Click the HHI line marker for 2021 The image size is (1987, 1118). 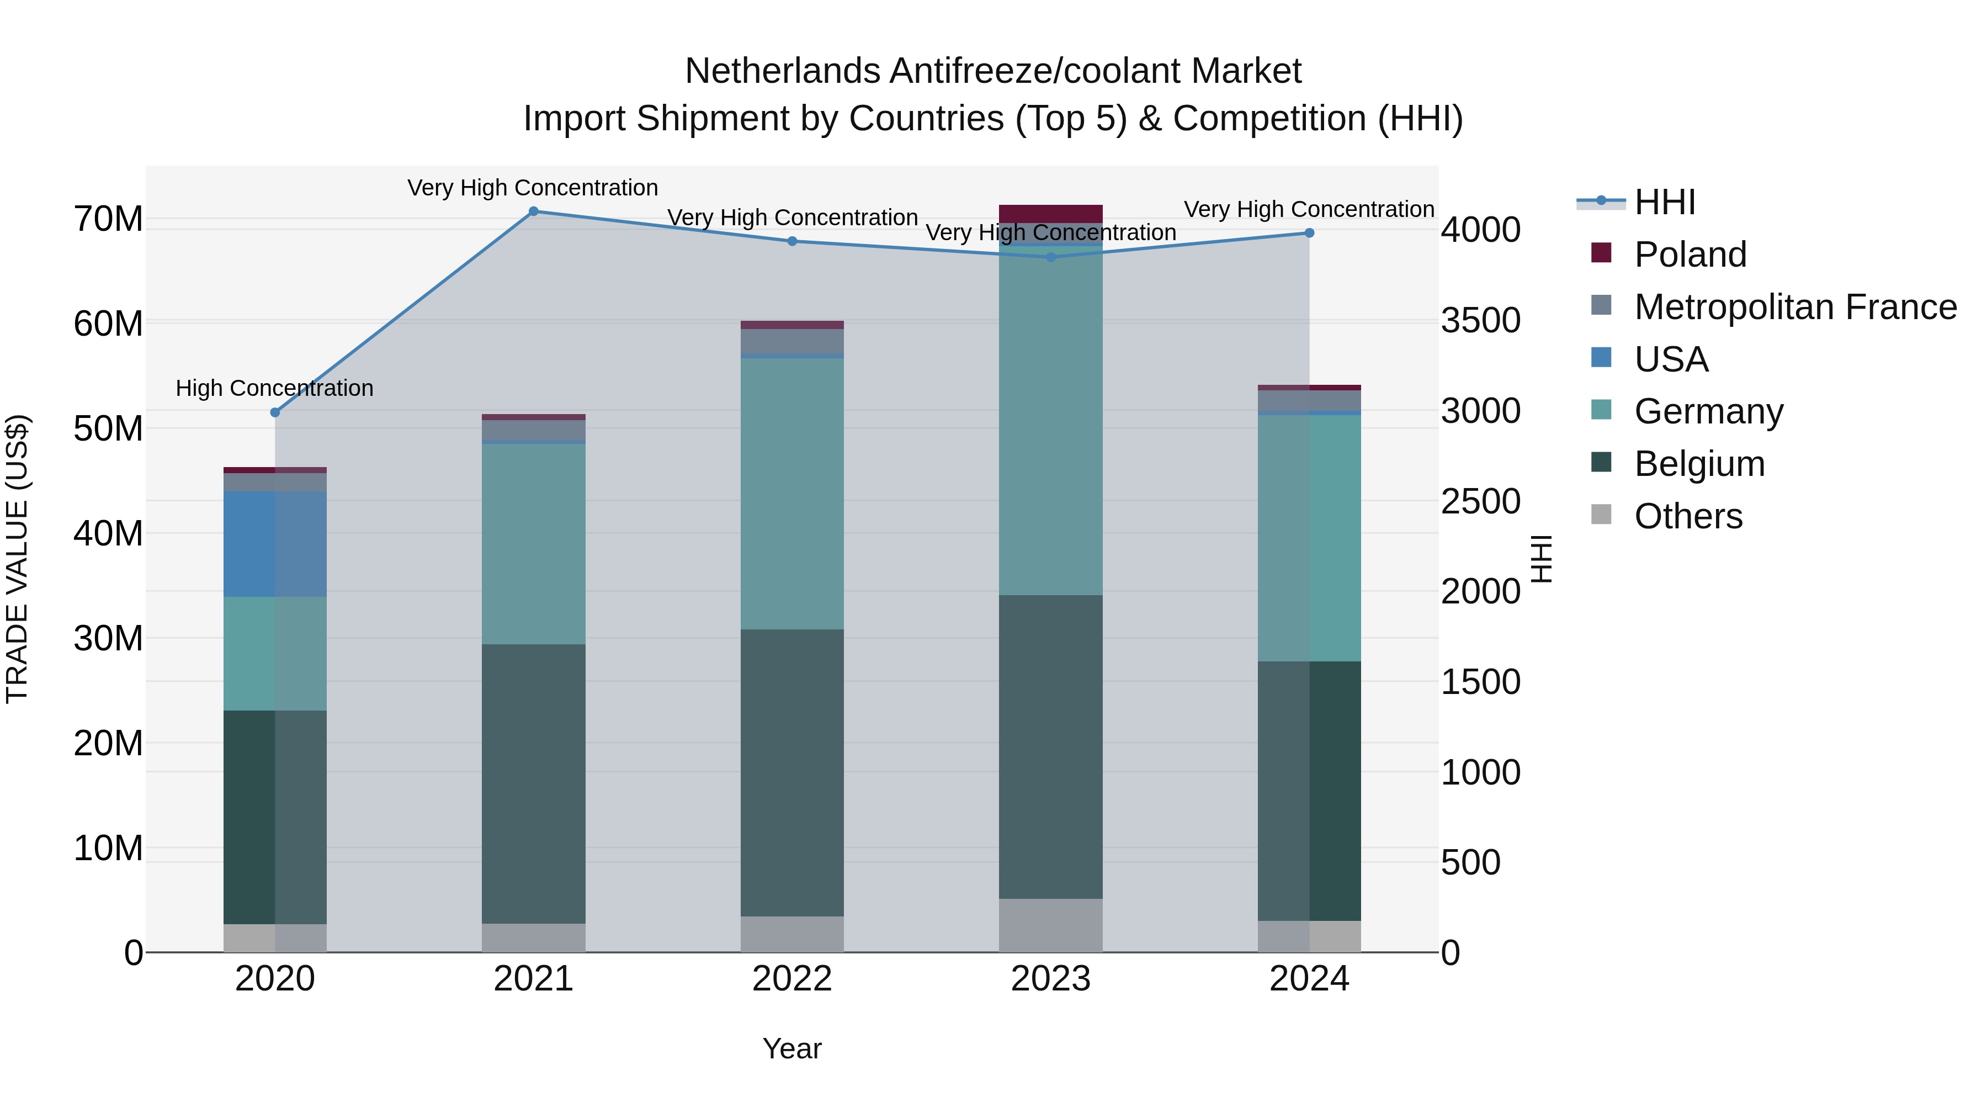point(533,211)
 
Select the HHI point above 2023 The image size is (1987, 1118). point(1050,257)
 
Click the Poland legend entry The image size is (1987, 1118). point(1690,255)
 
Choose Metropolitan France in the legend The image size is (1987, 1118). point(1795,307)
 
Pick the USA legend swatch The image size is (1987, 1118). point(1601,358)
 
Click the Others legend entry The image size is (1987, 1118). point(1688,516)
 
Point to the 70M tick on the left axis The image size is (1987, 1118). point(108,219)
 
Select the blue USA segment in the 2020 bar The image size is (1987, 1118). point(275,544)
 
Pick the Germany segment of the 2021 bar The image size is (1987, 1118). point(533,544)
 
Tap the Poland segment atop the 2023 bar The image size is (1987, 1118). point(1050,214)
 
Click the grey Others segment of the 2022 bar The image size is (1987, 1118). point(791,934)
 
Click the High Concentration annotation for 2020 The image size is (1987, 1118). point(275,388)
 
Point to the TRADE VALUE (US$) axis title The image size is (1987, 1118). point(17,559)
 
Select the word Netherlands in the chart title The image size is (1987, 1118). point(782,71)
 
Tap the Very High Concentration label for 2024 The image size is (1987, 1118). point(1309,209)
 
